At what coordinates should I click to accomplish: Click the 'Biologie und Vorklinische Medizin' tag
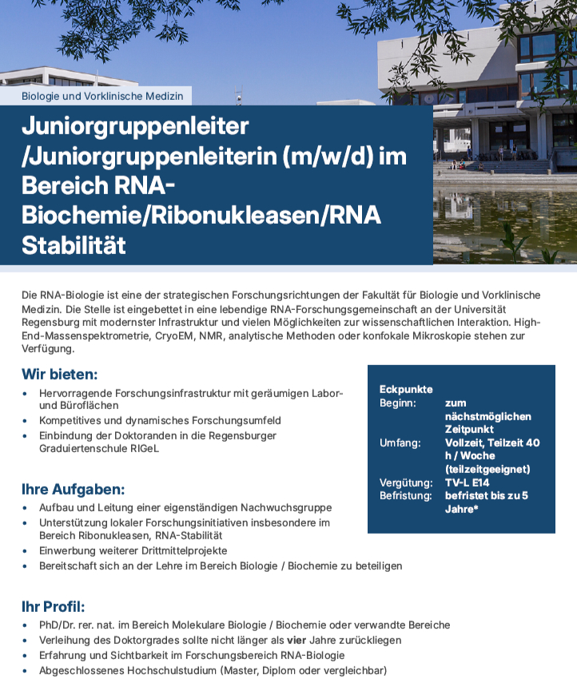pos(102,96)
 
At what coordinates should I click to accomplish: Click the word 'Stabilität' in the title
pos(74,244)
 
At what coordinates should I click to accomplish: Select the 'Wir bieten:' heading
pos(60,374)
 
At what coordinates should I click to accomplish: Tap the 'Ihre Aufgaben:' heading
pos(73,489)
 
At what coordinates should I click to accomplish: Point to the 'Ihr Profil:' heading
pos(53,606)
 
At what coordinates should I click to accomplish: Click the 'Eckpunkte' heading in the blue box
pos(406,389)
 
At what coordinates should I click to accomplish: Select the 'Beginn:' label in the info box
pos(398,403)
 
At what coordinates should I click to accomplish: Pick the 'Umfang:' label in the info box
pos(400,442)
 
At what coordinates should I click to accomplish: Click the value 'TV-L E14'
pos(468,482)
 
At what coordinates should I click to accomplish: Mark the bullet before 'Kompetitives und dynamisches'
pos(28,421)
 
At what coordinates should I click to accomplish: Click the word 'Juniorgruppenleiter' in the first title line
pos(135,126)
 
